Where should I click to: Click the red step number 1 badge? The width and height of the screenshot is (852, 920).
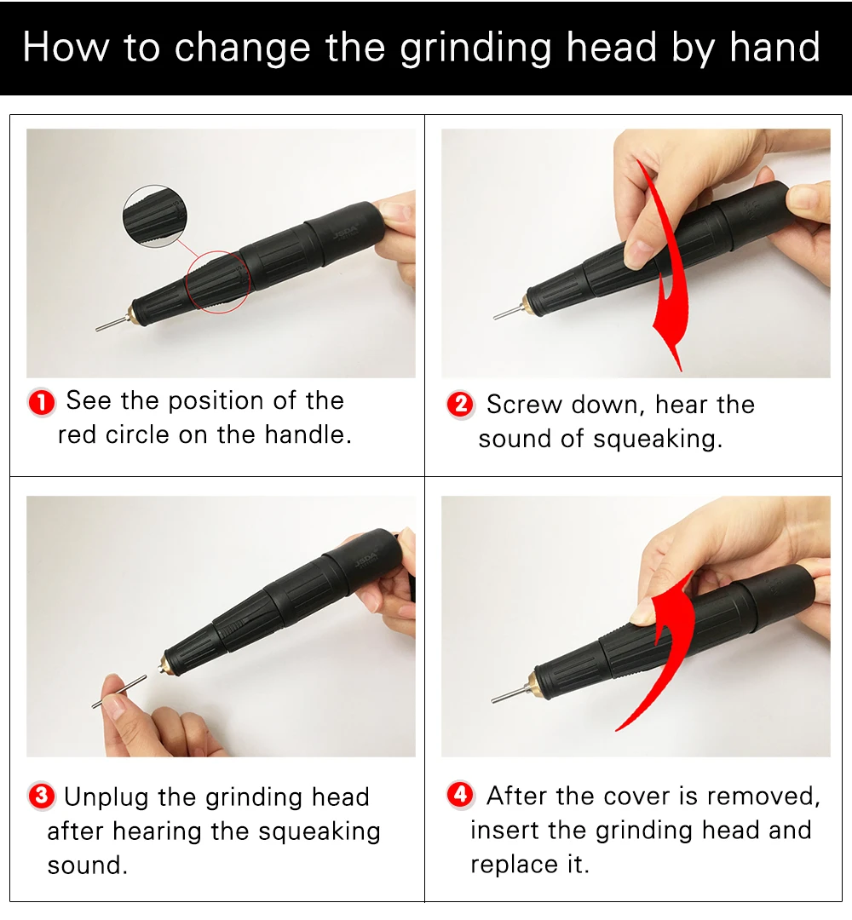[42, 403]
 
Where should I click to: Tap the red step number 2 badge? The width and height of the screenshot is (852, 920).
[461, 405]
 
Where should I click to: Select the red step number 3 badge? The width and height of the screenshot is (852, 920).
[42, 796]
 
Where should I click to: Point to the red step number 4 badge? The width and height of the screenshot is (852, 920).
[461, 795]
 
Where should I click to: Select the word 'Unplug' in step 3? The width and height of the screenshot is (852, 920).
[106, 798]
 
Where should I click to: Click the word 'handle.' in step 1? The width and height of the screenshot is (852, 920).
[308, 434]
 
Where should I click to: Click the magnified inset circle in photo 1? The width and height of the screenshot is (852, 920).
[155, 216]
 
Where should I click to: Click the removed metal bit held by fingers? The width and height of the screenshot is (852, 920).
[119, 692]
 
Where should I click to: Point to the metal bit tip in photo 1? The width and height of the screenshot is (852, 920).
[97, 330]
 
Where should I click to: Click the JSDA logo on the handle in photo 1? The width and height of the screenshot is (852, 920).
[344, 236]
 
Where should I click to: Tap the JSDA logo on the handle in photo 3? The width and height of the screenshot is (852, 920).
[366, 561]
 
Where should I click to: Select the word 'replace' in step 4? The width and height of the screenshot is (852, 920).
[515, 865]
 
